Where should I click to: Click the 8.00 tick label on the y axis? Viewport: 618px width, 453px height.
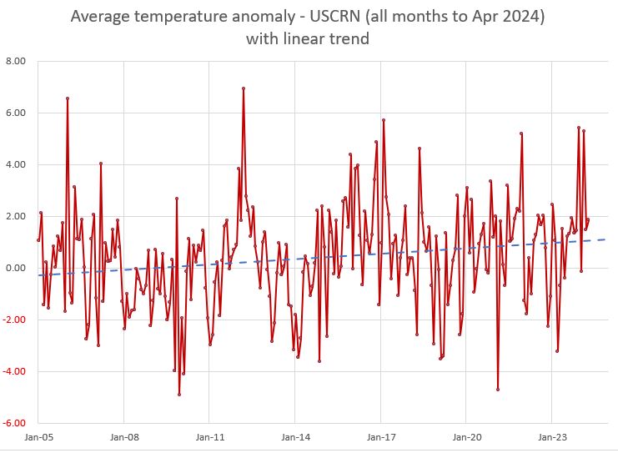click(16, 61)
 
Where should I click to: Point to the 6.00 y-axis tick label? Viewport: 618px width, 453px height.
click(16, 113)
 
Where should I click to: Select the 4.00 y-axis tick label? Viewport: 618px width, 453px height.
click(16, 164)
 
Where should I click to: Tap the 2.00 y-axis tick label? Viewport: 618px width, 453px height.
click(16, 216)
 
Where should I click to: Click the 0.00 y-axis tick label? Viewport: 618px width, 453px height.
click(16, 268)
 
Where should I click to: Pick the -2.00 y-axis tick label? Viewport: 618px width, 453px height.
click(14, 320)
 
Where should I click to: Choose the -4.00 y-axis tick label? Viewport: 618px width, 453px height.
click(14, 371)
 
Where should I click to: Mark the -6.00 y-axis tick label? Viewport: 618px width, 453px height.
click(14, 423)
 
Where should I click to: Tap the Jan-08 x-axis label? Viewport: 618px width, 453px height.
click(123, 436)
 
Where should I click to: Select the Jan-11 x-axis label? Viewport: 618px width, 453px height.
click(209, 436)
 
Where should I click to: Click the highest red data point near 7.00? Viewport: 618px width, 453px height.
click(243, 88)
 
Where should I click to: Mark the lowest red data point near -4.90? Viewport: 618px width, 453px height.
click(179, 394)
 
